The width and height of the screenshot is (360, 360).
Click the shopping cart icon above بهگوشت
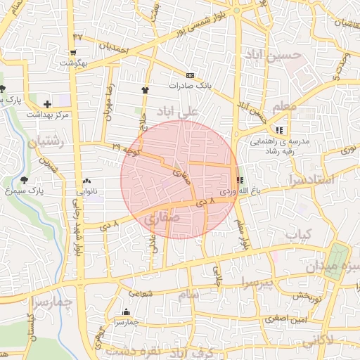click(x=73, y=53)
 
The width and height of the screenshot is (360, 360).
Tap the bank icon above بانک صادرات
click(x=190, y=75)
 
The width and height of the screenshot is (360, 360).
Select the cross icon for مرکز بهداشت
click(x=47, y=104)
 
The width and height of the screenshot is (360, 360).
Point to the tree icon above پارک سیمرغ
click(x=25, y=180)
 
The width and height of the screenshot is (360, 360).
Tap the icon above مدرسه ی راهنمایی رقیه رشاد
click(x=280, y=130)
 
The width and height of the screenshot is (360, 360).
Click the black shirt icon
click(x=146, y=90)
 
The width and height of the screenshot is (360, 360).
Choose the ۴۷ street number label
click(x=77, y=37)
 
